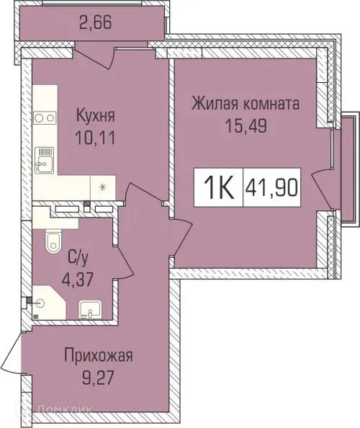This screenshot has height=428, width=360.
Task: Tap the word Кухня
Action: [x=96, y=115]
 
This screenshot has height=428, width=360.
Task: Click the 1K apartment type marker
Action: [x=219, y=189]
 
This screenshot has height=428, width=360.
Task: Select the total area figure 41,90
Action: [x=274, y=189]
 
